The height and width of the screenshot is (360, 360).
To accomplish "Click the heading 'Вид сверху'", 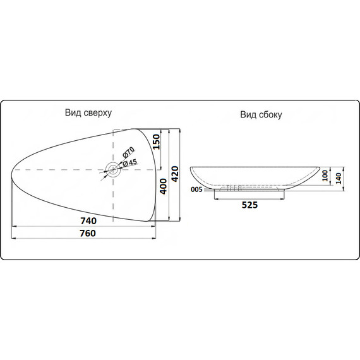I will coord(88,113).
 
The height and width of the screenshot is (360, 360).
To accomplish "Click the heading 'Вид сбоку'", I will coord(260,115).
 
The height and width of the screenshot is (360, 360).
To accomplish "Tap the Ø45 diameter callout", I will coord(129,162).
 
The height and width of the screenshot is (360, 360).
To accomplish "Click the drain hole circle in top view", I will coord(113,169).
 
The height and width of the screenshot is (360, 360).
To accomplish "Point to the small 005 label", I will coord(196,189).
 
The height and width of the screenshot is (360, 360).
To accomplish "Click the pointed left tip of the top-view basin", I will coord(13,170).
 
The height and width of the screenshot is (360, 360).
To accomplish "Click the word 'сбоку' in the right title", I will coord(270,115).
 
